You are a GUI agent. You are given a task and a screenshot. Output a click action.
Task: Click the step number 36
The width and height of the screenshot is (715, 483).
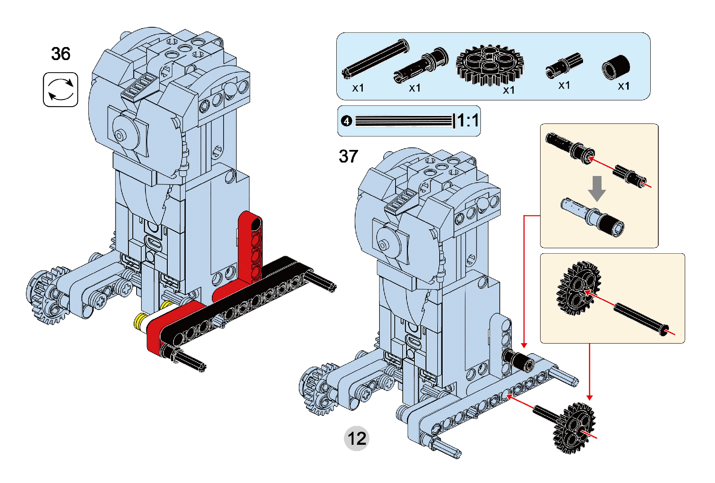(61, 54)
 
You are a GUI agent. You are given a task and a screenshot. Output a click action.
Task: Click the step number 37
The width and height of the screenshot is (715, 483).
(348, 156)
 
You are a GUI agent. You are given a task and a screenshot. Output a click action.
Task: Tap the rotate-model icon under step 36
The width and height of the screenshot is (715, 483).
(61, 89)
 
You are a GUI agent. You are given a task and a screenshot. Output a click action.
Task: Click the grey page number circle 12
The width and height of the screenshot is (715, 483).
(356, 438)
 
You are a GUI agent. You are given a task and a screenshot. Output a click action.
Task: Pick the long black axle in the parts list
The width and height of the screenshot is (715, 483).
(375, 58)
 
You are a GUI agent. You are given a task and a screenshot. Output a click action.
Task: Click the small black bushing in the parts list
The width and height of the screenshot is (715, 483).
(616, 67)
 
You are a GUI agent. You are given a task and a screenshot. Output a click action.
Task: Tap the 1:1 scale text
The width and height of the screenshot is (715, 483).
(467, 121)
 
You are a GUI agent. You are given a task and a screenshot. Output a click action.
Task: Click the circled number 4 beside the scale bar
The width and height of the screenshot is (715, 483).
(346, 121)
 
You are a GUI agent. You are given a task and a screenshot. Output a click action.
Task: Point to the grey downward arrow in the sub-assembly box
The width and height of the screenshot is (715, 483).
(596, 188)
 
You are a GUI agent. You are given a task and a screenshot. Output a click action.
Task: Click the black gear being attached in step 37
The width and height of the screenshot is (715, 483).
(574, 427)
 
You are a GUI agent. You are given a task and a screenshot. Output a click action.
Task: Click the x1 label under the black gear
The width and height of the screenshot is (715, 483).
(509, 90)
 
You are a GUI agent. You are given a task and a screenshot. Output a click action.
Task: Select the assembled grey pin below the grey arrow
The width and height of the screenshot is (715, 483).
(593, 217)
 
